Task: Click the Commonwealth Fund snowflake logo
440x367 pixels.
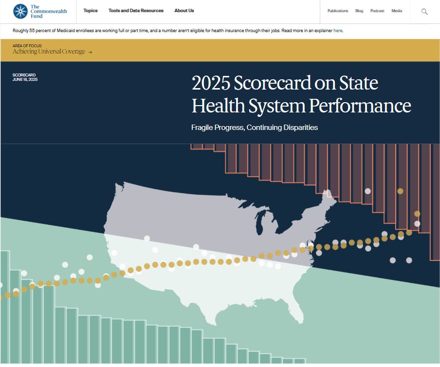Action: (20, 11)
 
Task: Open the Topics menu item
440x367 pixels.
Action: (91, 11)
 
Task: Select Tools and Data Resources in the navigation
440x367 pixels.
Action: (136, 11)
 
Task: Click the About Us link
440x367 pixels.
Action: (184, 11)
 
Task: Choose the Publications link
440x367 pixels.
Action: (338, 11)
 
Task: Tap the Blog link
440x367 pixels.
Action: (359, 11)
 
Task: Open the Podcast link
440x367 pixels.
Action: (377, 11)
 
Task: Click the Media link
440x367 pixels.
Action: (397, 11)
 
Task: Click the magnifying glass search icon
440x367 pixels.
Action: (424, 11)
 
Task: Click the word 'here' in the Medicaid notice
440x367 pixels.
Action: (338, 31)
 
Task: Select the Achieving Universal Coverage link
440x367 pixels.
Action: (49, 52)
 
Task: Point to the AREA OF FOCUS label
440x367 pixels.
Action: (27, 46)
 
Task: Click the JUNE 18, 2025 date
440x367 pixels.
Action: (25, 79)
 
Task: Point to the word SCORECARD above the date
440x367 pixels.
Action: (24, 75)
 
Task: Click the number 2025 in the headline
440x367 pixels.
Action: (211, 83)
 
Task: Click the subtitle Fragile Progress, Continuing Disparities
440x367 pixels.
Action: (255, 128)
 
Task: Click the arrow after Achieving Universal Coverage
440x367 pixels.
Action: (90, 52)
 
